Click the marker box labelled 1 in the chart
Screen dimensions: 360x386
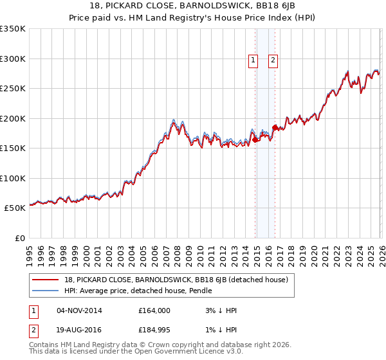(253, 60)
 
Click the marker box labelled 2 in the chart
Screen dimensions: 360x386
(273, 60)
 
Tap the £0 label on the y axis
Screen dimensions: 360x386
(19, 239)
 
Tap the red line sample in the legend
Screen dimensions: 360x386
(46, 280)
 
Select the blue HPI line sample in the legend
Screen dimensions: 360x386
(46, 291)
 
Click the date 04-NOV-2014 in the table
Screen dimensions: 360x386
(80, 310)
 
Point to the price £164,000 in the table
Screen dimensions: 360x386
(154, 310)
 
